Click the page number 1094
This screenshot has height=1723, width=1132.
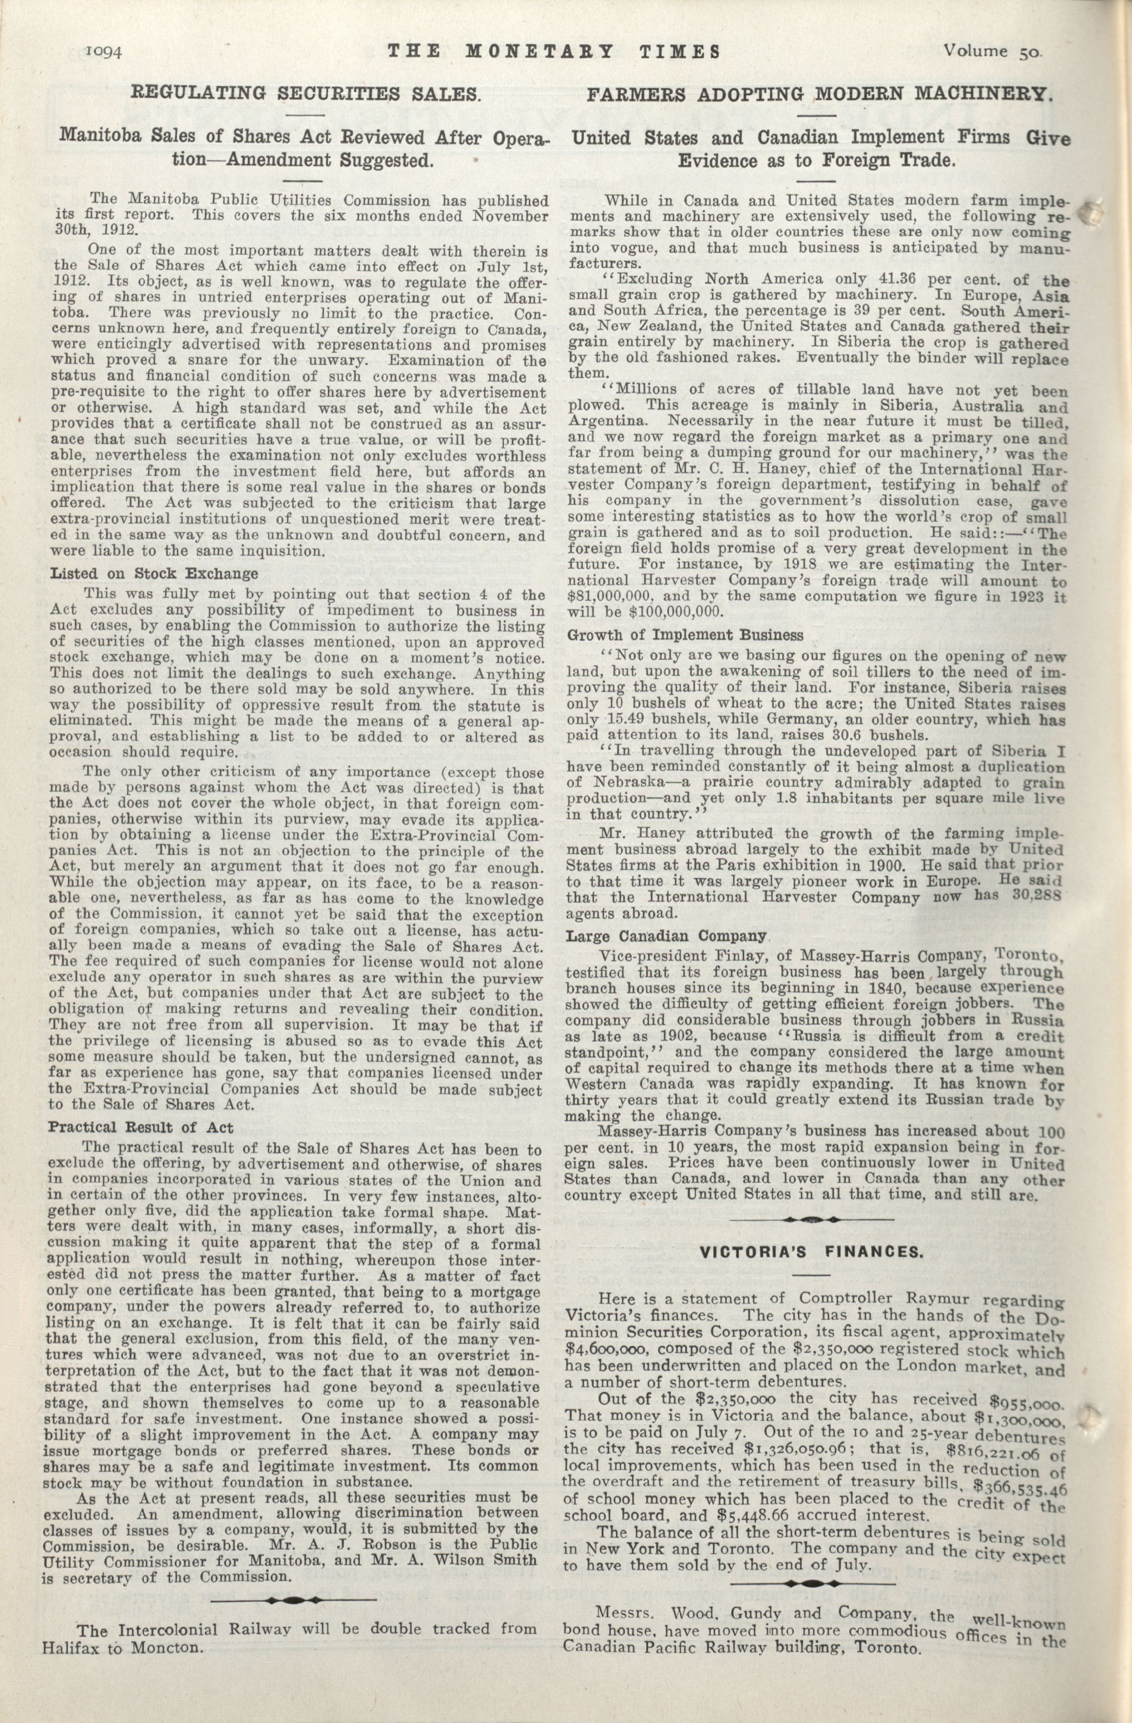[x=105, y=52]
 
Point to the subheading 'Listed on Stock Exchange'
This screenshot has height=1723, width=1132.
[x=153, y=574]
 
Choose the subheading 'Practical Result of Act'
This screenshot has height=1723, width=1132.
[x=140, y=1127]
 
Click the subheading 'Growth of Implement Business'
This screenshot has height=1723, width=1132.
[x=684, y=635]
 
